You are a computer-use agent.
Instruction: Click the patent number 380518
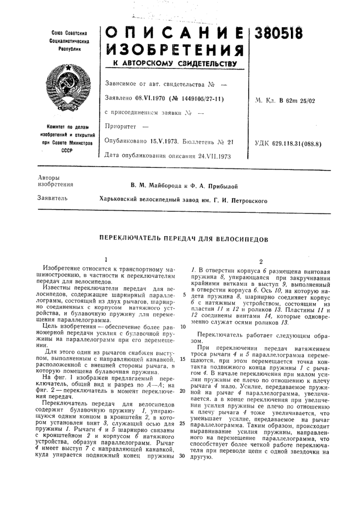point(280,36)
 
